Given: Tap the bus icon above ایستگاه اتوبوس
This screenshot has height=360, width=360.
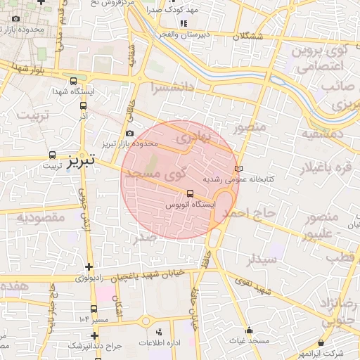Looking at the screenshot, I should click(x=191, y=194).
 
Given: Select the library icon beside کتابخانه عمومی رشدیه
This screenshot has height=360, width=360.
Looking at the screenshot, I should click(x=238, y=169).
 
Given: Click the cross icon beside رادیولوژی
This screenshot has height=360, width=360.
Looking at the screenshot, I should click(x=89, y=266).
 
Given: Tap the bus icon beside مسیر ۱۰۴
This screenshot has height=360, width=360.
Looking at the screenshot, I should click(x=95, y=309).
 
